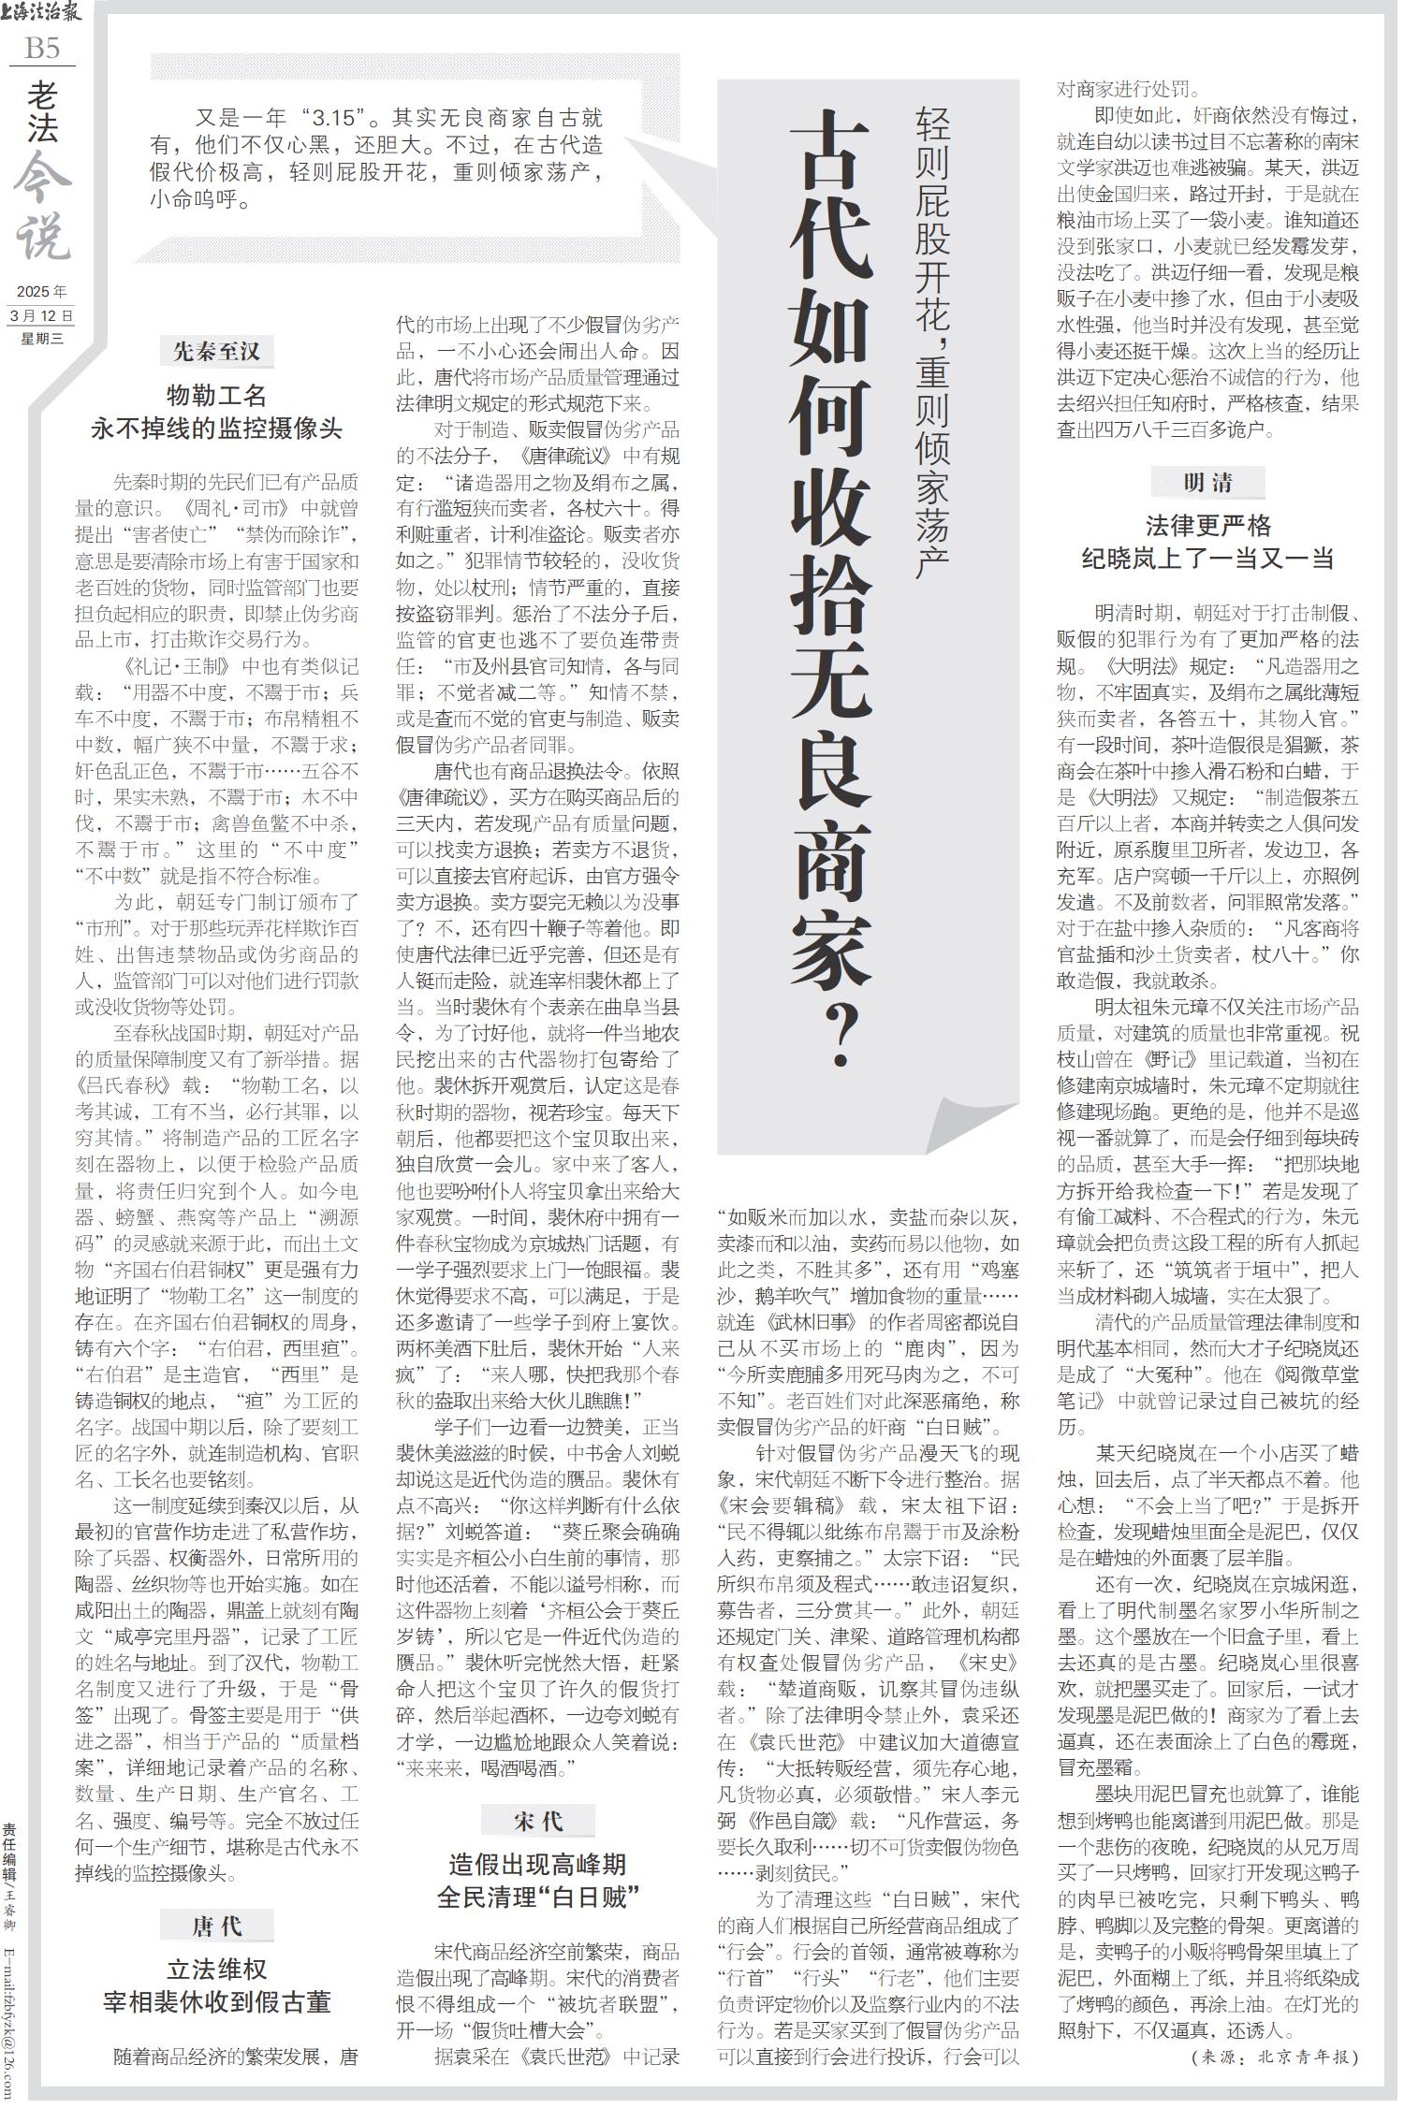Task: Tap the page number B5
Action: click(42, 48)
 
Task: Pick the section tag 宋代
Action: click(537, 1821)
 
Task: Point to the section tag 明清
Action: click(1207, 483)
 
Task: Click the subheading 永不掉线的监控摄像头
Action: click(216, 429)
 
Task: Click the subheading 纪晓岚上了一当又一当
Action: click(1207, 560)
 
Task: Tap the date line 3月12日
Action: click(41, 315)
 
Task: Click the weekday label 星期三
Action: click(42, 338)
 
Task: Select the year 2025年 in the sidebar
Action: click(42, 292)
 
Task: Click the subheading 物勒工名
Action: click(216, 394)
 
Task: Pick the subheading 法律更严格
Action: click(1207, 525)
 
